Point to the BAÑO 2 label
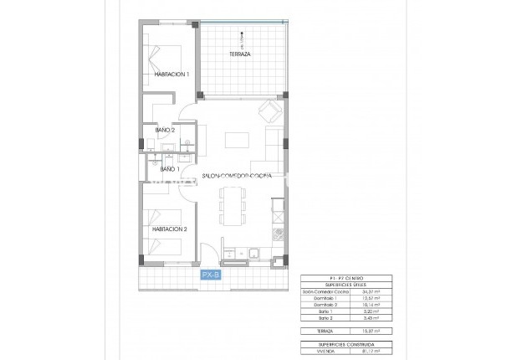pos(165,130)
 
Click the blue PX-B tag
pos(210,275)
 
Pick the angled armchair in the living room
pos(269,110)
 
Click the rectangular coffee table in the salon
pos(238,139)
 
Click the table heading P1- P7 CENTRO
pos(344,277)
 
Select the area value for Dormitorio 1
pos(368,298)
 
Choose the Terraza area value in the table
pos(368,332)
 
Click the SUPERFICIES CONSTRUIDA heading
pos(344,344)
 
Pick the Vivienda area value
pos(368,352)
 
